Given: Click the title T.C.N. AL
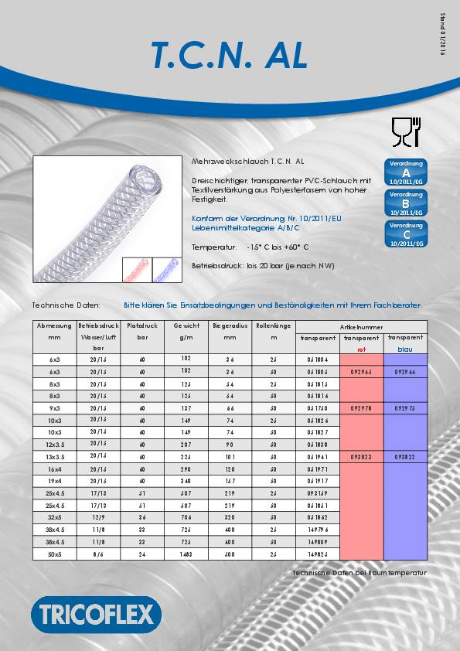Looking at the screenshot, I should pos(229,55).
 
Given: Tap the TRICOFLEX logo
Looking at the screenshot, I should pos(96,615).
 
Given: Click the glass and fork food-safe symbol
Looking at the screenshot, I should pos(405,133).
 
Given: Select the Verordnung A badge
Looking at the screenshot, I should pos(406,172).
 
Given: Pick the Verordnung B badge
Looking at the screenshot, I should pos(406,203).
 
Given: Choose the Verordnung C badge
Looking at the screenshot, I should pos(406,233).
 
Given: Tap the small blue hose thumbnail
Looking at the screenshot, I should pos(164,269).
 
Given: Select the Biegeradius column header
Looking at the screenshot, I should pos(230,326).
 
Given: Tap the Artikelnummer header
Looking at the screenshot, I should pos(361,327).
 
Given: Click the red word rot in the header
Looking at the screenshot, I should pos(361,349).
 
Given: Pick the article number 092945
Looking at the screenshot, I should pos(361,372).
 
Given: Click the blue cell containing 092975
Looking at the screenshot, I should pos(405,407).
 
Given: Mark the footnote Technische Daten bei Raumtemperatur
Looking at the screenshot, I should pos(359,573).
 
